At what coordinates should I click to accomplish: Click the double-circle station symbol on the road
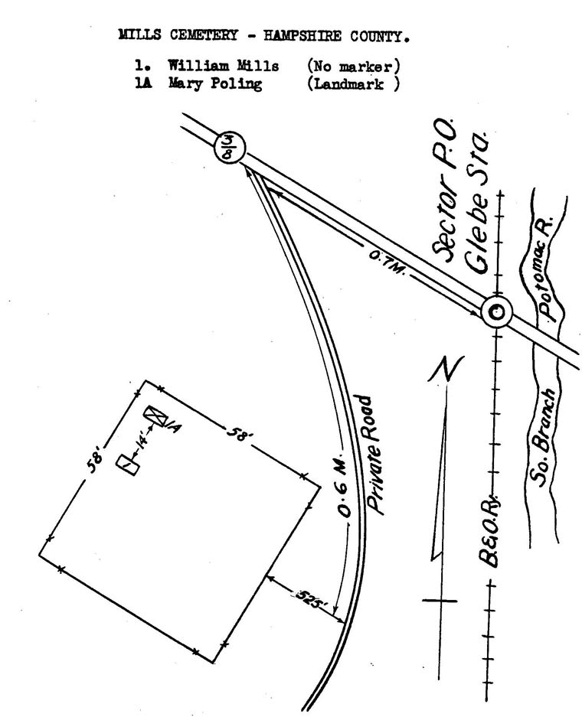(x=497, y=312)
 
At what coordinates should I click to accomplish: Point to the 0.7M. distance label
(x=387, y=262)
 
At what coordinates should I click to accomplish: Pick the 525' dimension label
(x=311, y=598)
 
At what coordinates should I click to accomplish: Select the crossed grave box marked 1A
(x=155, y=416)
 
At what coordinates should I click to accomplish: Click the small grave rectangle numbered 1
(x=128, y=465)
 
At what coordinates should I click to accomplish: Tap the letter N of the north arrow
(x=446, y=369)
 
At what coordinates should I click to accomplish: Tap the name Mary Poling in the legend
(x=215, y=83)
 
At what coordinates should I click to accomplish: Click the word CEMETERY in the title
(x=204, y=35)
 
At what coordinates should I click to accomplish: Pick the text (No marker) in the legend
(x=354, y=67)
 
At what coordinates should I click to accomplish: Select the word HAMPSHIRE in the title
(x=302, y=36)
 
